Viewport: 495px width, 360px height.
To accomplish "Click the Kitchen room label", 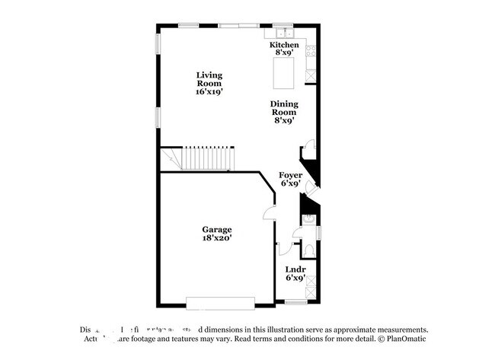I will click(x=284, y=45).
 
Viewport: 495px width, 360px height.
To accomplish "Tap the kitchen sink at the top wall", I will click(x=284, y=33).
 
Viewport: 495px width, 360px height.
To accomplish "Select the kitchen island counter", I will click(x=283, y=73).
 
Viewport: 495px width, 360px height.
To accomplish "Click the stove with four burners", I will click(x=310, y=53).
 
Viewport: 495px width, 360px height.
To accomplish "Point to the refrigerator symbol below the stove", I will click(x=310, y=75).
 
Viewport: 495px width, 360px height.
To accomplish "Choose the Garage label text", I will click(x=216, y=229).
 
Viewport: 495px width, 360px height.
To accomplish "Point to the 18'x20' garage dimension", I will click(x=216, y=238).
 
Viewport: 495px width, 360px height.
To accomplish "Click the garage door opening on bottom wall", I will click(x=221, y=302).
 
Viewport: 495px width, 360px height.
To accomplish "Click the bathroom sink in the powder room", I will click(x=308, y=221).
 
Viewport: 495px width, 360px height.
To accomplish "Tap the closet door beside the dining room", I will click(x=307, y=147).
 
